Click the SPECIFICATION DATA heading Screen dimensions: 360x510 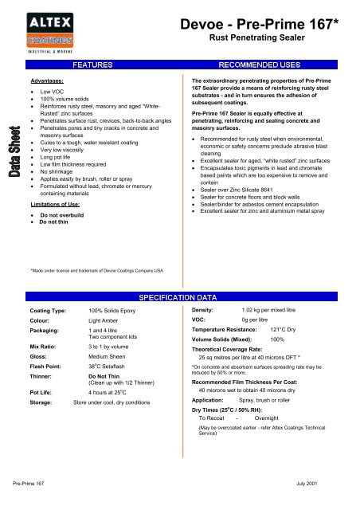pyautogui.click(x=179, y=296)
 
